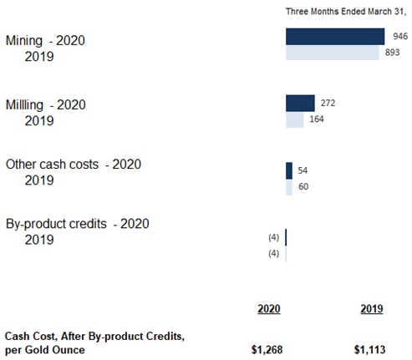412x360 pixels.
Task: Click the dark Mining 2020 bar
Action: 335,37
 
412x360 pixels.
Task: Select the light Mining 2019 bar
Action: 333,53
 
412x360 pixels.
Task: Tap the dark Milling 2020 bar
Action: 300,104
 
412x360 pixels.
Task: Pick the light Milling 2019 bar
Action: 295,119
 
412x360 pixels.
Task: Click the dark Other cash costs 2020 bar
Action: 289,170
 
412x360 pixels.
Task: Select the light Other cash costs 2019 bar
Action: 289,187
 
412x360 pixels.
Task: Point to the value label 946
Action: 400,36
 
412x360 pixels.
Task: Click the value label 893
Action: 392,53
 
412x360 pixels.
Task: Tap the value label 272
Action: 328,104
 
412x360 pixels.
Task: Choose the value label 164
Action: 317,119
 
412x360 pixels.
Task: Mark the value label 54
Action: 303,170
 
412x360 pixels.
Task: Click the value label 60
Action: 303,186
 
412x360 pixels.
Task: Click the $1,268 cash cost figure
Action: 267,350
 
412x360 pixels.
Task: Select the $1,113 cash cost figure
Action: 369,350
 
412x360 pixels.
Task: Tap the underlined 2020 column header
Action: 269,309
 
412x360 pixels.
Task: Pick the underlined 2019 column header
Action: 372,309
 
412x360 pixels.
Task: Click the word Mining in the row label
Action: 24,41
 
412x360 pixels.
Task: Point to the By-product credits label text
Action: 56,224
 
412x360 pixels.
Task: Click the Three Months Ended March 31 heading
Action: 346,12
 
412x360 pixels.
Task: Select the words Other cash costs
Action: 53,165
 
